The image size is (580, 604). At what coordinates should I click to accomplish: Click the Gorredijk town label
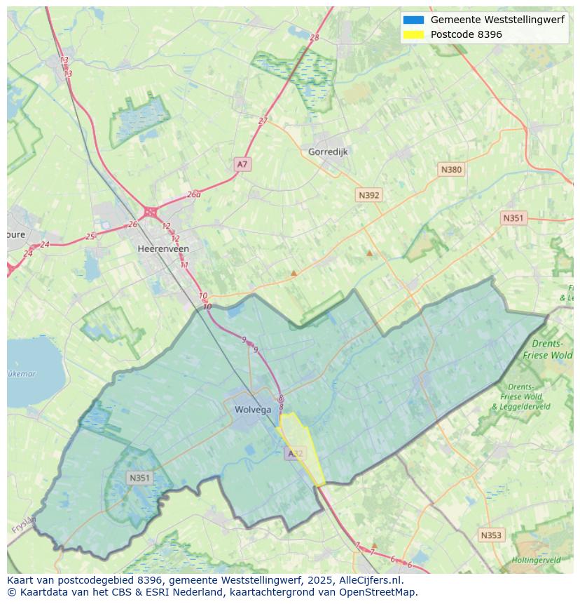pos(328,152)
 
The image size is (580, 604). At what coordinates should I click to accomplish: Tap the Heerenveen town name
pos(163,248)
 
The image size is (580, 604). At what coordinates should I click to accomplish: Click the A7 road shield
pos(242,164)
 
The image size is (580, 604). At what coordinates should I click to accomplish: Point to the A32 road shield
pos(296,454)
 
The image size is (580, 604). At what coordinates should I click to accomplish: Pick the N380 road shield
pos(451,169)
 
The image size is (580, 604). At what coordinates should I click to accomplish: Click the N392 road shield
pos(368,195)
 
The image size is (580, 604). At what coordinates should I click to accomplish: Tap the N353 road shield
pos(491,535)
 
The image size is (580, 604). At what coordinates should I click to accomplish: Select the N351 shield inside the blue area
pos(139,478)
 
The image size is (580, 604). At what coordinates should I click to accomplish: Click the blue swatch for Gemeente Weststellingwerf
pos(413,20)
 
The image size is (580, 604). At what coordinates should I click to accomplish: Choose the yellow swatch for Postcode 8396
pos(413,34)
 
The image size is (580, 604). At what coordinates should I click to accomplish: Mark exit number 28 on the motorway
pos(314,37)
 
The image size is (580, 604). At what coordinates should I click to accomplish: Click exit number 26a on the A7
pos(193,194)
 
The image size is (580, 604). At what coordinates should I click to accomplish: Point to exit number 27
pos(263,121)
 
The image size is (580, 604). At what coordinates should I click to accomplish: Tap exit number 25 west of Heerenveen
pos(90,236)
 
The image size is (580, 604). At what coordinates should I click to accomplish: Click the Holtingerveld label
pos(536,561)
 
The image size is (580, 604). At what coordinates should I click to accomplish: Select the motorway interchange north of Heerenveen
pos(150,211)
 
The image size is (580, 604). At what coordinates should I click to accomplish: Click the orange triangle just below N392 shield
pos(369,253)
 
